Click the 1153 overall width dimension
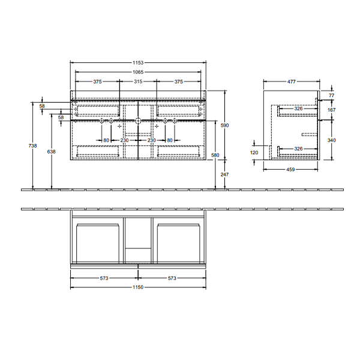[138, 62]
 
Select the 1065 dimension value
[138, 72]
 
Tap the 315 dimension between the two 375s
[138, 82]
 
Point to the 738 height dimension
[32, 146]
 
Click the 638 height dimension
[51, 152]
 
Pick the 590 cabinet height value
[224, 125]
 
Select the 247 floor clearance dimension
[224, 175]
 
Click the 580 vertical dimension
[215, 155]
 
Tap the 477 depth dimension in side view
[292, 82]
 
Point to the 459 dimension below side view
[290, 169]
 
